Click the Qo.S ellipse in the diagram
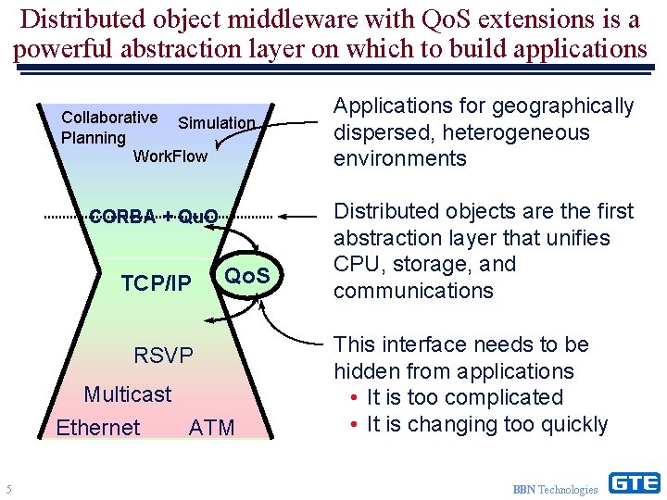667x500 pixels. click(x=247, y=276)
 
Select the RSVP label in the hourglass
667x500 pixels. click(x=163, y=356)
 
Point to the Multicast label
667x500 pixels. click(x=128, y=394)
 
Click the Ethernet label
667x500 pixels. click(x=97, y=428)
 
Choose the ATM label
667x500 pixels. click(x=211, y=428)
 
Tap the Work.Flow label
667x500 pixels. click(x=170, y=156)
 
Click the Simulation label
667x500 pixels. click(x=216, y=123)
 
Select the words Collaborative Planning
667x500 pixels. click(x=107, y=128)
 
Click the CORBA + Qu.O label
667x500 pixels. click(x=154, y=218)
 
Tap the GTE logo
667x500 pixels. click(x=634, y=482)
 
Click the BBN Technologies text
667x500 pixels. click(x=555, y=489)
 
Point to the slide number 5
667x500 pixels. click(x=8, y=489)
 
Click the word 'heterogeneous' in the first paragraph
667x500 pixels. click(x=515, y=132)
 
